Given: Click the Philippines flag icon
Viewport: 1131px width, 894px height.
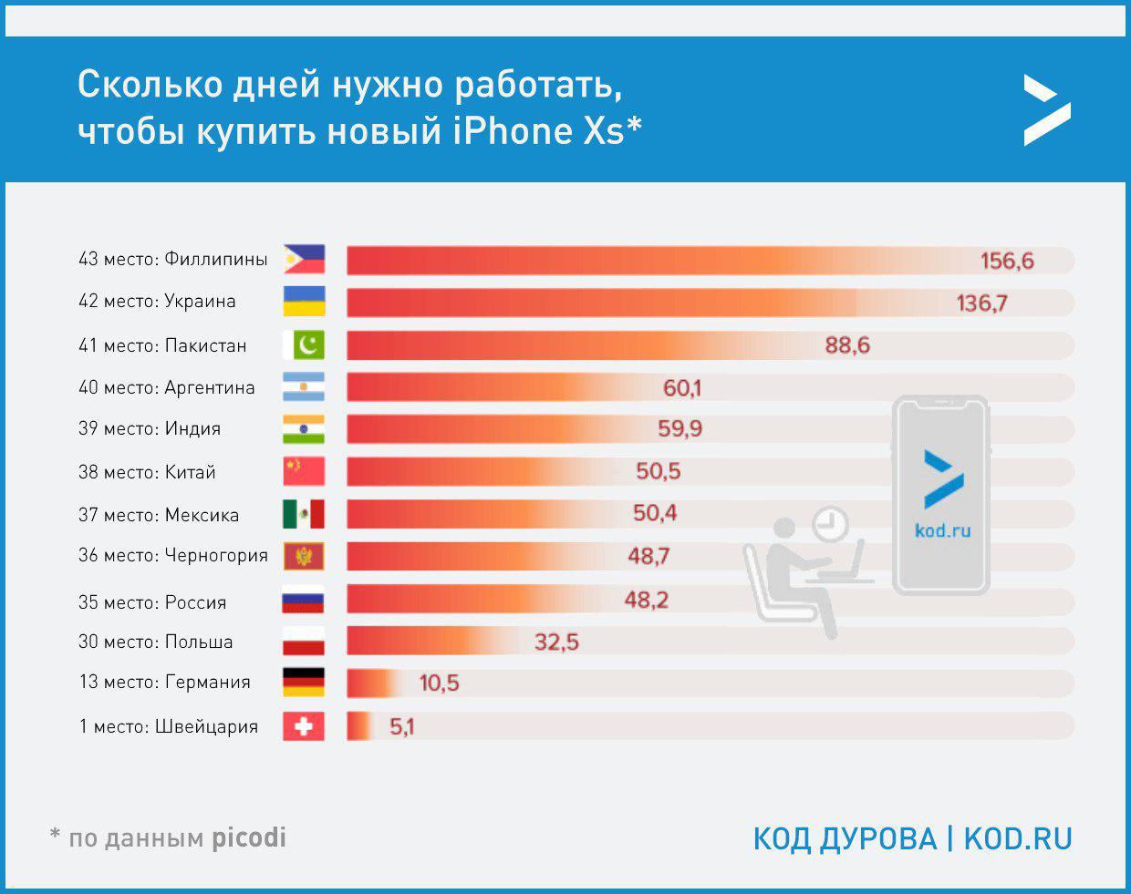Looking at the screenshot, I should pos(304,260).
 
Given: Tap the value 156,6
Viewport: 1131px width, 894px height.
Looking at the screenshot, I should pos(1007,262).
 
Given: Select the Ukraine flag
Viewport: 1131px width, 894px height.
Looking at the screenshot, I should pos(304,302).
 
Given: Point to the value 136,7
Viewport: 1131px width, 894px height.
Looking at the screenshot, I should pos(981,303).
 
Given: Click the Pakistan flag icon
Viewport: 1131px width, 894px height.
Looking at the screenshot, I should pos(304,345).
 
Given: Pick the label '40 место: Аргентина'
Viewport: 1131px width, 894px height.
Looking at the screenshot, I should pos(167,388).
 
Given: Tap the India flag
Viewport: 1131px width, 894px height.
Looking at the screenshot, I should pos(304,429).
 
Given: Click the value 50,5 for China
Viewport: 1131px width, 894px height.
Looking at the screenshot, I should pos(659,472).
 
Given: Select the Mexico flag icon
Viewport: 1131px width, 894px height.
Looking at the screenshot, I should pos(304,514).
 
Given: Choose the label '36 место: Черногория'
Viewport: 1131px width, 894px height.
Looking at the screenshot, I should pos(173,556).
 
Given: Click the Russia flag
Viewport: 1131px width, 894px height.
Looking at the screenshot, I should pos(304,601).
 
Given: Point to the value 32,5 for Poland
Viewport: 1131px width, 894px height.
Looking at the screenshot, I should pos(556,642).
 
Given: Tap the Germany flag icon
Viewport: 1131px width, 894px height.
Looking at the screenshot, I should pos(304,683).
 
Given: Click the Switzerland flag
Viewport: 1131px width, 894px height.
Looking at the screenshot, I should pos(304,726).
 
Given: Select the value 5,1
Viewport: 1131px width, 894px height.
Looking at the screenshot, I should pos(401,727).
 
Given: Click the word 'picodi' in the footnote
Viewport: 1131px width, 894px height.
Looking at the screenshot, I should pos(248,837).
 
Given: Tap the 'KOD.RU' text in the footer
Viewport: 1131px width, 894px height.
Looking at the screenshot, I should pos(1018,838).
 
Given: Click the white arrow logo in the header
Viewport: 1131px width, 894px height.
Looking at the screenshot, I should pos(1046,111).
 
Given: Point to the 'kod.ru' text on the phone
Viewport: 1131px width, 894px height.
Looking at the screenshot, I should pos(942,530).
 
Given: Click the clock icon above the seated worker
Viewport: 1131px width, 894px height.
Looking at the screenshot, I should pos(829,524).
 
